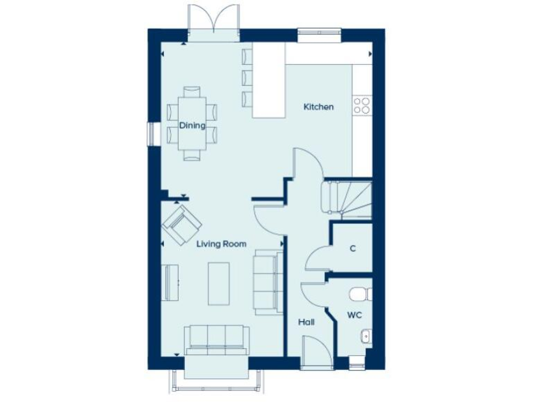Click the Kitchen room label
coord(318,107)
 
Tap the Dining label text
coord(192,126)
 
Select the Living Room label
coord(221,244)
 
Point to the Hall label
coord(306,322)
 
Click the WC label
coord(355,315)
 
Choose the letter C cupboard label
coord(353,248)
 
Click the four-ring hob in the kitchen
coord(362,105)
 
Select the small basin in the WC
coord(365,338)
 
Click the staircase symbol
coord(346,198)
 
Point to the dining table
coord(192,123)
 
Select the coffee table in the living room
coord(218,283)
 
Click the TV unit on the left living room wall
coord(170,283)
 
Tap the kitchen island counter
coord(269,80)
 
